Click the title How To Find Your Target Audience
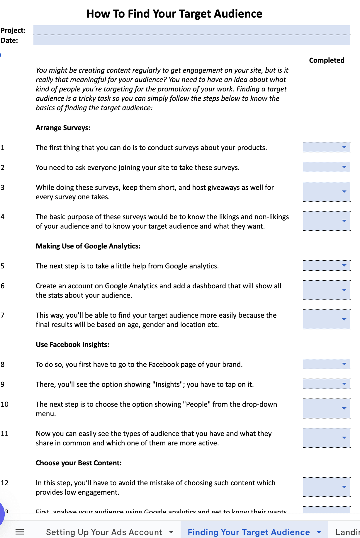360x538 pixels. (174, 14)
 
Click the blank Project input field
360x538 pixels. (191, 30)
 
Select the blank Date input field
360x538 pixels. (191, 40)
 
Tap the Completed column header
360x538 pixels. (327, 60)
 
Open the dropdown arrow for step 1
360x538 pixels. (344, 147)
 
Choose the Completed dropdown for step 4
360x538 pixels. (344, 221)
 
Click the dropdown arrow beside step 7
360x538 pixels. (344, 319)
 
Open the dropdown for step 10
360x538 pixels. (344, 408)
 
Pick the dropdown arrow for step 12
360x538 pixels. (344, 487)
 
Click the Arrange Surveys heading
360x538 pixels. (63, 128)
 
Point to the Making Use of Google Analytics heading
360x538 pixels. (88, 246)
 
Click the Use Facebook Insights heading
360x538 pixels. (72, 345)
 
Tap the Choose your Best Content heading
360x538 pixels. (79, 463)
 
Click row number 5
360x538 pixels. (3, 266)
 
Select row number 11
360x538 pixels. (4, 434)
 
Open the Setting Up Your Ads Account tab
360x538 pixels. (104, 532)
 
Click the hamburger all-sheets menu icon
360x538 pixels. (20, 532)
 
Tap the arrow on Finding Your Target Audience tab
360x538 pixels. (319, 532)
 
